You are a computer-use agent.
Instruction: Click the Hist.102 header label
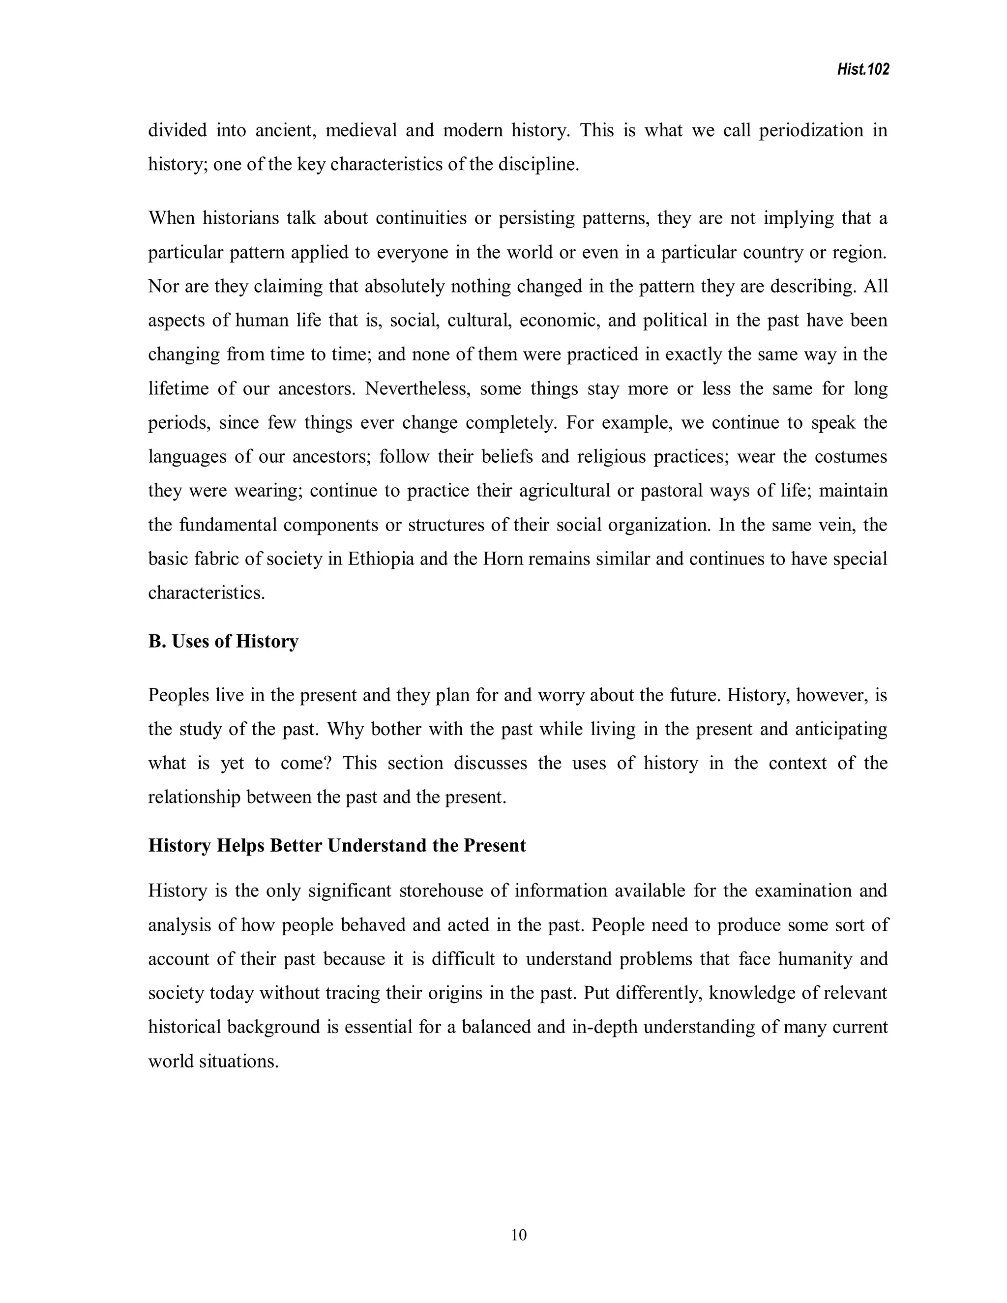click(862, 70)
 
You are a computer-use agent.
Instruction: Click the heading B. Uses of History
click(223, 641)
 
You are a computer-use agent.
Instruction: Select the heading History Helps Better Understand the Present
click(337, 845)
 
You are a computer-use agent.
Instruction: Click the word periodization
click(811, 130)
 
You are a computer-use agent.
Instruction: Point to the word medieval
click(361, 130)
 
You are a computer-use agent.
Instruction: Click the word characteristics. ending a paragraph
click(207, 593)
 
